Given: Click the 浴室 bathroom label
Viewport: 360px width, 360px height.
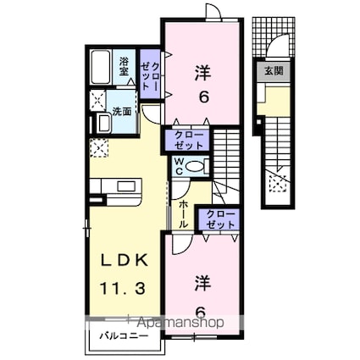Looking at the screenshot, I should tap(124, 66).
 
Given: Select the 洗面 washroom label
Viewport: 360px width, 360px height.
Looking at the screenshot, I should tap(122, 111).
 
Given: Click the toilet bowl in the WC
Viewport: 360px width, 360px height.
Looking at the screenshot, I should tap(194, 167).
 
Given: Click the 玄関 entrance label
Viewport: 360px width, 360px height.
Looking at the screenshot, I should tap(274, 70).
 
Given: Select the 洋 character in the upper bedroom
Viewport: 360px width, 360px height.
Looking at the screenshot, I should tap(203, 72).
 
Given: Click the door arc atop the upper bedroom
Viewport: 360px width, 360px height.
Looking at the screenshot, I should tap(213, 12).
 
